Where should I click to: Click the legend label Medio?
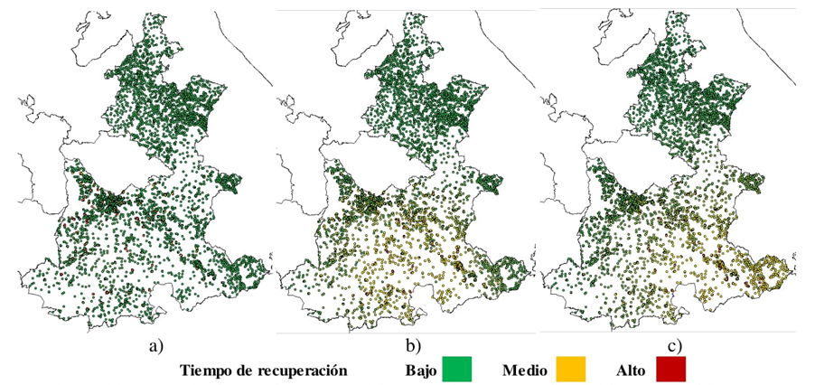click(523, 371)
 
